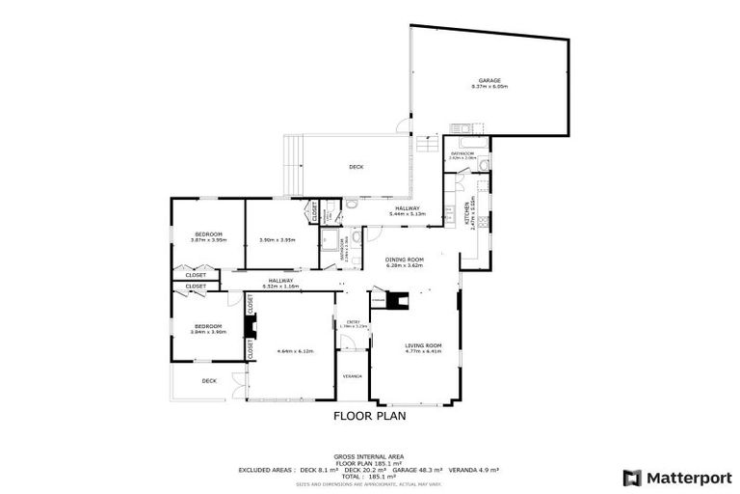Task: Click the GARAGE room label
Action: [489, 81]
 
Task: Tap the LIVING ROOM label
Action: [421, 345]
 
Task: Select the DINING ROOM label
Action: [405, 259]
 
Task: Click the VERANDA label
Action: [352, 376]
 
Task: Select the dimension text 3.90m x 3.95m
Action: [277, 240]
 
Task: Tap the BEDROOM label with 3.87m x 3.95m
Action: [209, 234]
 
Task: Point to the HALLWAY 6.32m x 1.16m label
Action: [280, 281]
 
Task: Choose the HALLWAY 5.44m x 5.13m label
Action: [406, 209]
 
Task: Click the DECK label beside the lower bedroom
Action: [209, 381]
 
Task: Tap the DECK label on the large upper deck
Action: [356, 167]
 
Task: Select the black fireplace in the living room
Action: [398, 301]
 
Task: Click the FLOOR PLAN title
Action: [369, 417]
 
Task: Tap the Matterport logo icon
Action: [632, 477]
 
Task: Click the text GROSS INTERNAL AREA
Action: [369, 456]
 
